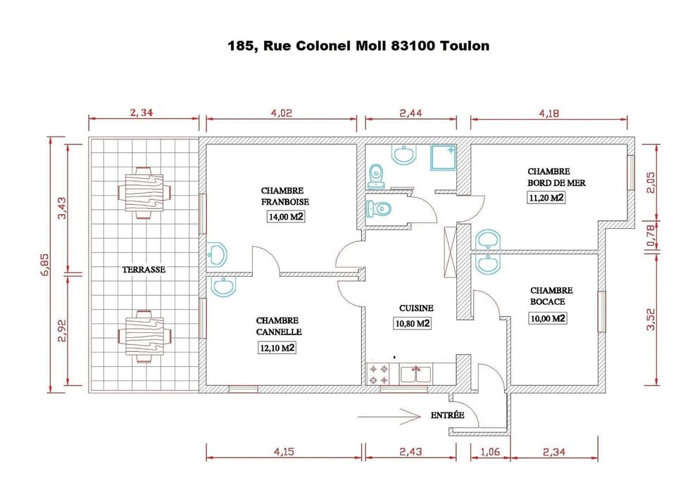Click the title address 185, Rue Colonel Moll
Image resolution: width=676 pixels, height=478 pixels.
(x=358, y=46)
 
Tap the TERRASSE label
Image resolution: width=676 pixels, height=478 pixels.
(x=144, y=270)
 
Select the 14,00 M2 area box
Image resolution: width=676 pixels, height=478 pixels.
(x=285, y=218)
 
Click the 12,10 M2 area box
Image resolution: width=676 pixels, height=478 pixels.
(x=277, y=348)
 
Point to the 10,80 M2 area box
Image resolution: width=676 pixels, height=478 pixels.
(x=412, y=324)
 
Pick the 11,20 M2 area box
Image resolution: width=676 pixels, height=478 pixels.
(x=546, y=198)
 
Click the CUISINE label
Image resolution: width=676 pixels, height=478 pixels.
(x=415, y=308)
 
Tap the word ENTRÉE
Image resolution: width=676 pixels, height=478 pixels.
(x=447, y=415)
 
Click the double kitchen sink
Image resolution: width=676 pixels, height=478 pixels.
(x=415, y=374)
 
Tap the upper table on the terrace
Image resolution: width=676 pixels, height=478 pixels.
(x=144, y=189)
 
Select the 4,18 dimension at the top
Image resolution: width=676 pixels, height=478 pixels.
(x=549, y=113)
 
